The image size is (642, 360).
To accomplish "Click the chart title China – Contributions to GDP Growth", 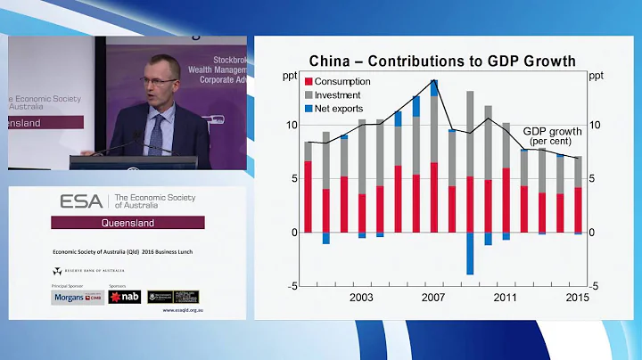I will (442, 61).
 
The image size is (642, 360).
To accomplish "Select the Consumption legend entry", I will (343, 81).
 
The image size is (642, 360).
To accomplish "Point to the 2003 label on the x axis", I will (361, 297).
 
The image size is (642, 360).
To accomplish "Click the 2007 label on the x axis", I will (433, 297).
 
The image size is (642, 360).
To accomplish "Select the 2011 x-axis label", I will (506, 297).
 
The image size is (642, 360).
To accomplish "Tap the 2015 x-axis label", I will (577, 297).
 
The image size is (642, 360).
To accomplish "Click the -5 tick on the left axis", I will (292, 286).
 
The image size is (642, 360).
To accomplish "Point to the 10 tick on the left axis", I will (291, 125).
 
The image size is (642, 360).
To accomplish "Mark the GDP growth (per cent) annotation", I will (552, 135).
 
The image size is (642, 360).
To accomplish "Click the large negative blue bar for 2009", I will (469, 253).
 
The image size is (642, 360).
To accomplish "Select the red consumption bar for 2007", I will (433, 197).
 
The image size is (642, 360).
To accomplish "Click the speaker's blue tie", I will (157, 134).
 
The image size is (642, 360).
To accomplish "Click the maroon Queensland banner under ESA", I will (128, 223).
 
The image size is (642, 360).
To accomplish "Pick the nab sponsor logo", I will (124, 297).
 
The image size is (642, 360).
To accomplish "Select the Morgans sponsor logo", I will (78, 297).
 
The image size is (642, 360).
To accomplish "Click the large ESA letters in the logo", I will (80, 201).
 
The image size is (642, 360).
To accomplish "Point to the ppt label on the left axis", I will (290, 75).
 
